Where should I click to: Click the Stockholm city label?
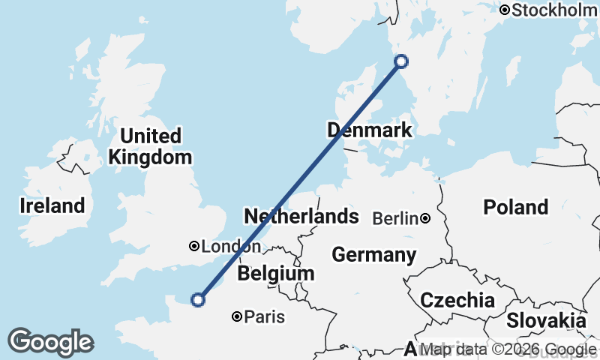[x=556, y=10]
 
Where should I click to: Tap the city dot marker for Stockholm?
[x=505, y=10]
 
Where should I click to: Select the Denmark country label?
[x=370, y=130]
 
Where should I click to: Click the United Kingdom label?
[x=150, y=147]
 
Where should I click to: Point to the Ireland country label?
[x=52, y=205]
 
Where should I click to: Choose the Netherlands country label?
[x=301, y=217]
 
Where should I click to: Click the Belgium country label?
[x=275, y=274]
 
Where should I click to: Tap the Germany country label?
[x=373, y=255]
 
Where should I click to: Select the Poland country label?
[x=515, y=207]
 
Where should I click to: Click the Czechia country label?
[x=457, y=301]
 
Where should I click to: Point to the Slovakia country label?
[x=545, y=320]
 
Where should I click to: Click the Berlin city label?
[x=394, y=219]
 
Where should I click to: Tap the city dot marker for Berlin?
[x=425, y=218]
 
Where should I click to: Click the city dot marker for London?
[x=194, y=246]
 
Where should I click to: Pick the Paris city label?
[x=265, y=317]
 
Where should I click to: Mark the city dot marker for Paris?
[x=237, y=317]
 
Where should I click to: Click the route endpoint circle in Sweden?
[x=401, y=61]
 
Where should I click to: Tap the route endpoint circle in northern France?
[x=198, y=300]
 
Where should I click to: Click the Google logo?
[x=50, y=341]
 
